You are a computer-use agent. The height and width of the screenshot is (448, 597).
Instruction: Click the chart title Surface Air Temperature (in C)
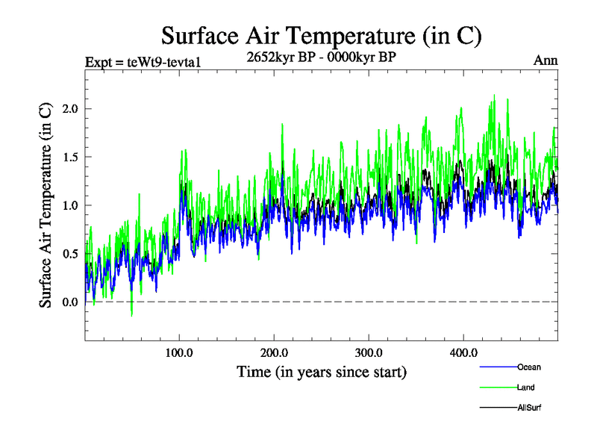[321, 35]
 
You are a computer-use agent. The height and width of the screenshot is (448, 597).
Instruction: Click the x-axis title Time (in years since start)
[321, 371]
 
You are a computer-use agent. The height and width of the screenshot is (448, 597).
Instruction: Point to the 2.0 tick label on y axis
[69, 109]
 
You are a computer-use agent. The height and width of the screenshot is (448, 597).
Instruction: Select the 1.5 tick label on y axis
[69, 157]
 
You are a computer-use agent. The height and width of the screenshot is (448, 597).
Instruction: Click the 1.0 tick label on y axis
[69, 205]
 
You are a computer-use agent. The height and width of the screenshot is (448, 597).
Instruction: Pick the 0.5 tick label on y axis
[69, 254]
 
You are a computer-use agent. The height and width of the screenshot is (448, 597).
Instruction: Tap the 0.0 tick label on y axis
[69, 302]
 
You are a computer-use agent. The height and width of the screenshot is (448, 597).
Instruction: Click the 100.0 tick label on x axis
[179, 352]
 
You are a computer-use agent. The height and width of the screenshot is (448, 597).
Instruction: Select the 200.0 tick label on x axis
[274, 352]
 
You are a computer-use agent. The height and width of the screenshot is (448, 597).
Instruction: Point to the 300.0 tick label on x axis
[369, 352]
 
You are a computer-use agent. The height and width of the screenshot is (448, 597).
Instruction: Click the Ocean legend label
[528, 367]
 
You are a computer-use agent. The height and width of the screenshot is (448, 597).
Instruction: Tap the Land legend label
[525, 388]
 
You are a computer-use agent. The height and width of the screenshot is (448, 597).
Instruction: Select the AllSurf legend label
[529, 408]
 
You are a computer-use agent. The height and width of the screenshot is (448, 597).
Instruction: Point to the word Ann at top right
[546, 61]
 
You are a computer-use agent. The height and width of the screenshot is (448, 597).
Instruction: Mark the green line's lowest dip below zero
[132, 316]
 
